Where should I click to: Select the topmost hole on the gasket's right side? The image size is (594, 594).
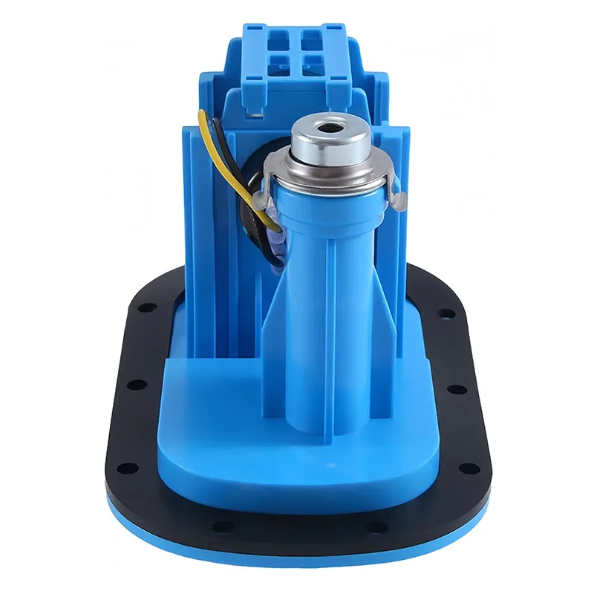(448, 313)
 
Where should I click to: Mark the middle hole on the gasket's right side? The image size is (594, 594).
(459, 388)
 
